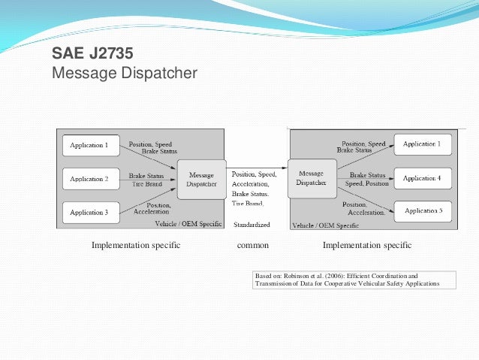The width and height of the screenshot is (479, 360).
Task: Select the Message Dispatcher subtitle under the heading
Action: [124, 74]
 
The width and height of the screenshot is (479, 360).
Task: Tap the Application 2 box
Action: [89, 179]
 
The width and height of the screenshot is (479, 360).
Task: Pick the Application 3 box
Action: [89, 213]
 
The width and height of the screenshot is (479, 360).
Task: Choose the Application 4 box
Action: [422, 178]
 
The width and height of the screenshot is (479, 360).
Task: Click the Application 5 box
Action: [422, 211]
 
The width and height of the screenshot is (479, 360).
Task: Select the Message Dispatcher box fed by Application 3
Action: [201, 179]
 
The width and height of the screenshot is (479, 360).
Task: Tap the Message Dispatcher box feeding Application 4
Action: [311, 177]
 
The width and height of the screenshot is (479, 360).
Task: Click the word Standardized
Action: [252, 225]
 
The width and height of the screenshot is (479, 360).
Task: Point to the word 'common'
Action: [252, 245]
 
